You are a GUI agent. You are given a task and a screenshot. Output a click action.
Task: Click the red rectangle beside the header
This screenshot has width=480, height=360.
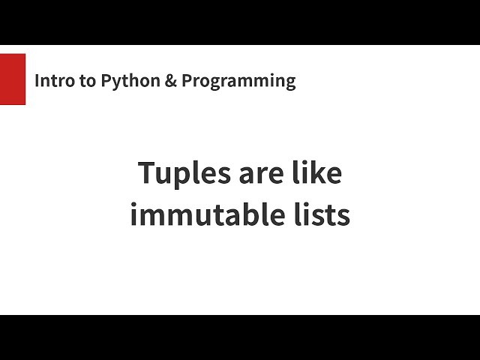13,79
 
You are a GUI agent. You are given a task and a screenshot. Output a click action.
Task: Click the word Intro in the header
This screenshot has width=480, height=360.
54,81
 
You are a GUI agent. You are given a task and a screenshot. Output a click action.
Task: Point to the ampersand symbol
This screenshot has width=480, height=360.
169,81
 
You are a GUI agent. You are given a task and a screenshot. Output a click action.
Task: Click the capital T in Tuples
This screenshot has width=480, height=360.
147,174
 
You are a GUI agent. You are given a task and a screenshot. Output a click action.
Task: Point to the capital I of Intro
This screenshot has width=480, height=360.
37,81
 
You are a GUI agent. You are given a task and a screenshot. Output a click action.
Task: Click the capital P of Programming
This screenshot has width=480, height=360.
186,81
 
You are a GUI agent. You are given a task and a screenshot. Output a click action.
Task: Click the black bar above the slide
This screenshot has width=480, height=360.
240,22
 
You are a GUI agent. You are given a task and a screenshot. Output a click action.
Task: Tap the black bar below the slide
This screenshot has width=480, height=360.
240,337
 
